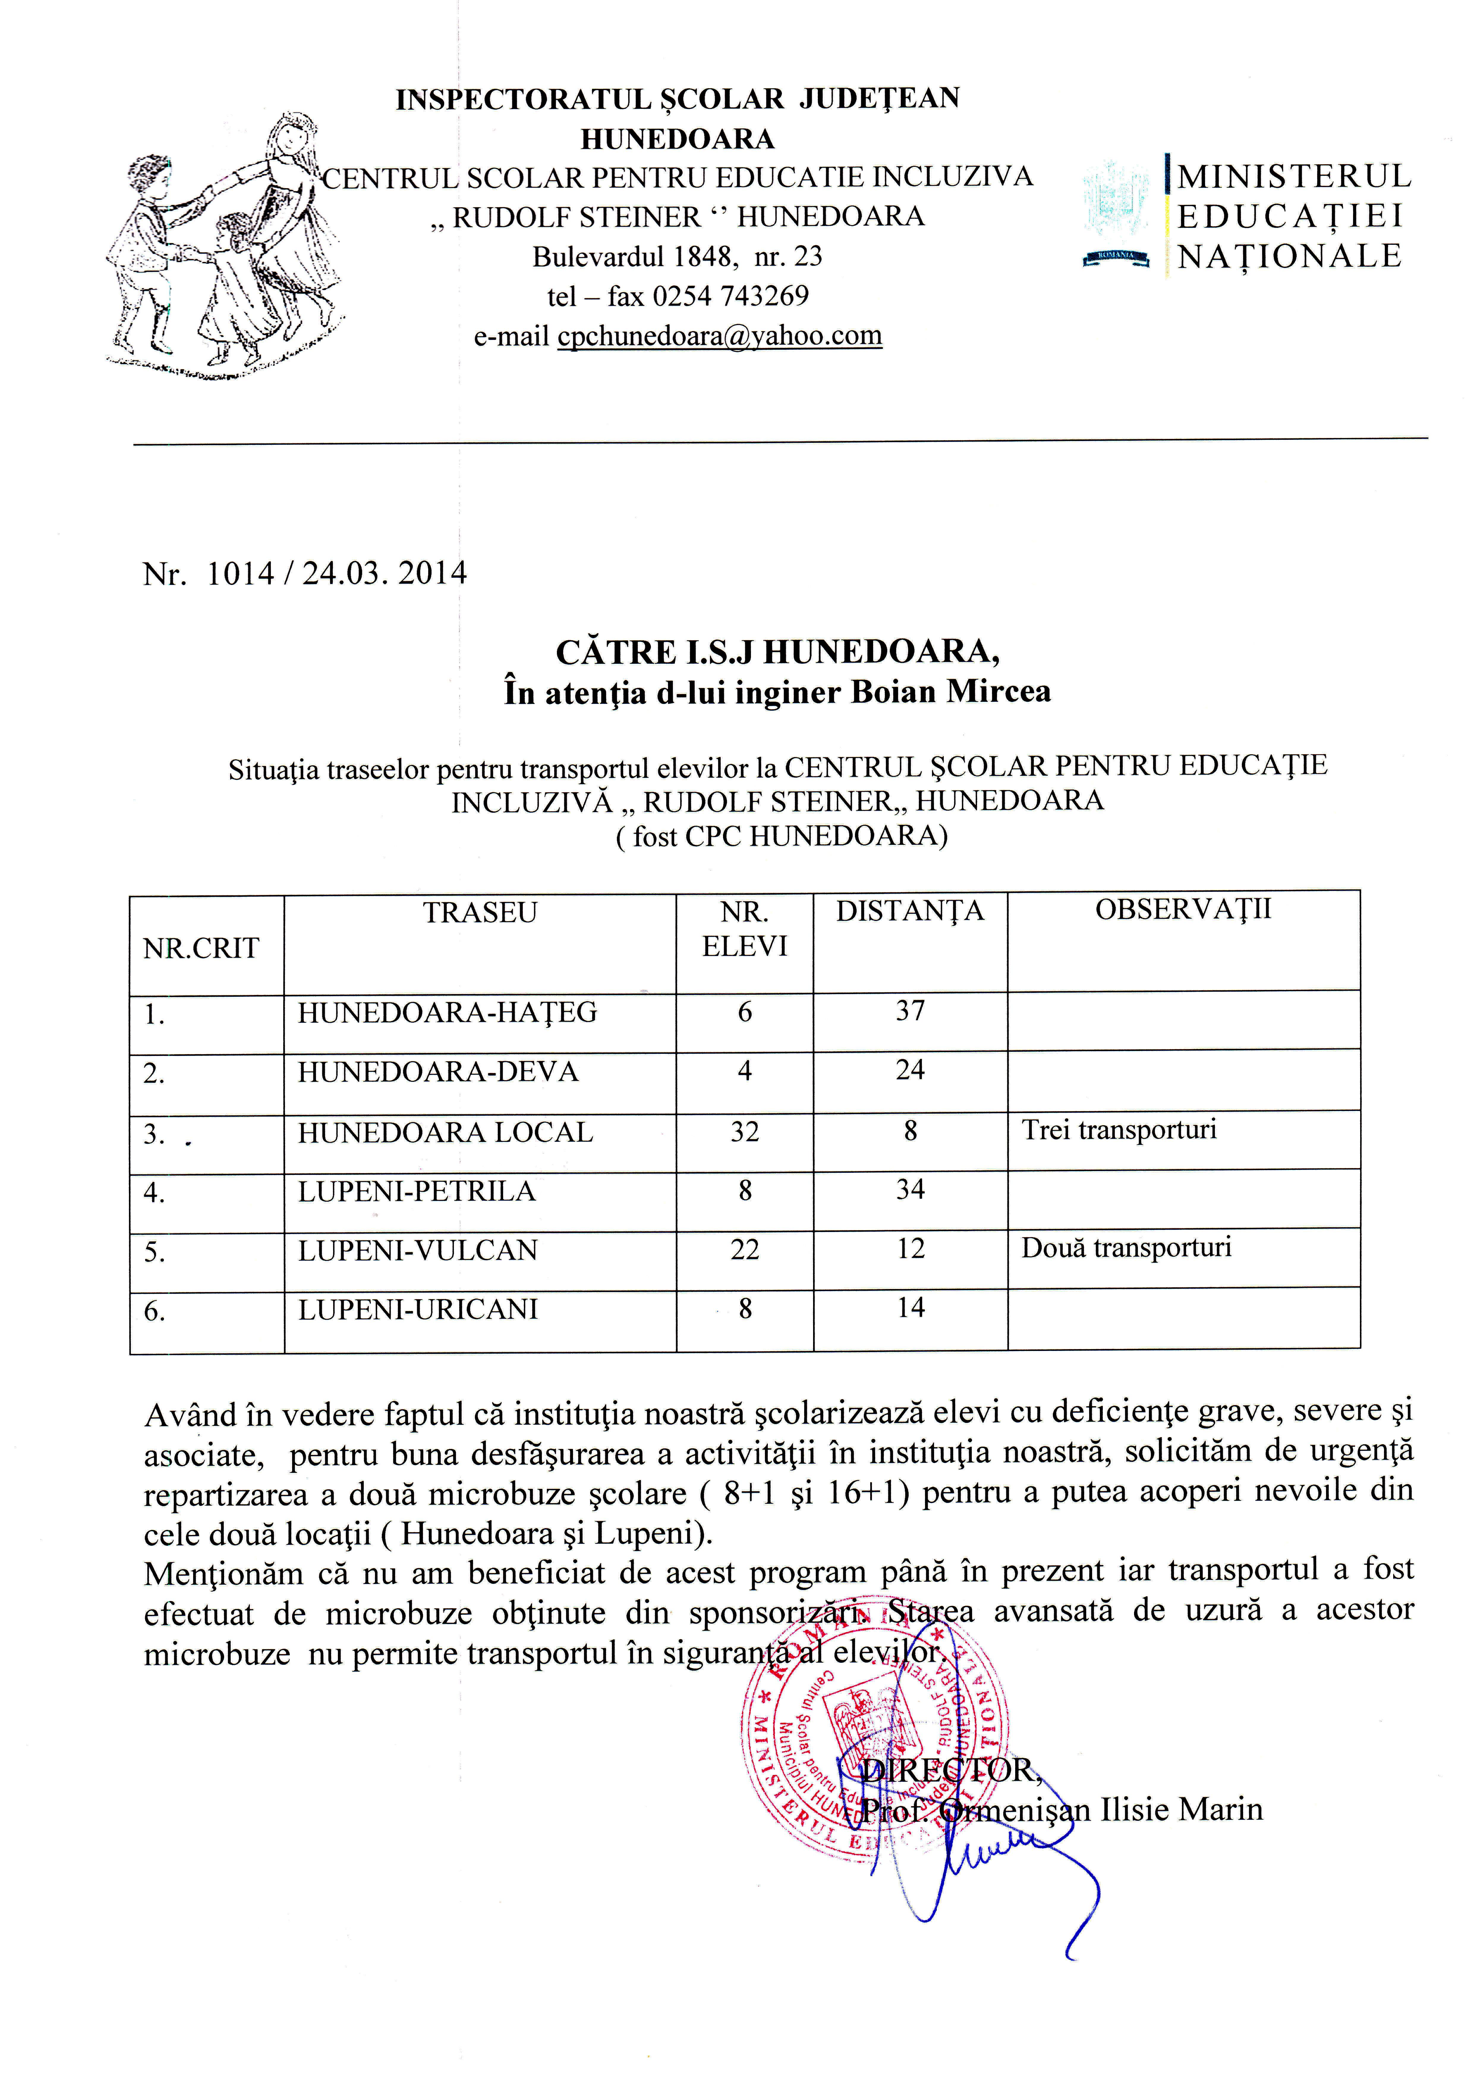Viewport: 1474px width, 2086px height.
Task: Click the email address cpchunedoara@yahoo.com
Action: tap(719, 336)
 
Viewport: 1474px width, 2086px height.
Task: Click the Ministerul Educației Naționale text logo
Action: tap(1292, 216)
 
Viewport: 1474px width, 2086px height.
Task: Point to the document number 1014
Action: tap(241, 574)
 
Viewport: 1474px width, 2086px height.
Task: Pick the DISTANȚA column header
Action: tap(910, 911)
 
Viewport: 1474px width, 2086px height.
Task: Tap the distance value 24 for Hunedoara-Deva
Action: tap(910, 1070)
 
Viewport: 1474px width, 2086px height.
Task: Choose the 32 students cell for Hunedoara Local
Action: tap(745, 1132)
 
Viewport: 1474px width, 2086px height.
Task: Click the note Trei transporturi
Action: tap(1119, 1130)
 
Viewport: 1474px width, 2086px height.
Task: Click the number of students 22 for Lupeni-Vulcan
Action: tap(745, 1250)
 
